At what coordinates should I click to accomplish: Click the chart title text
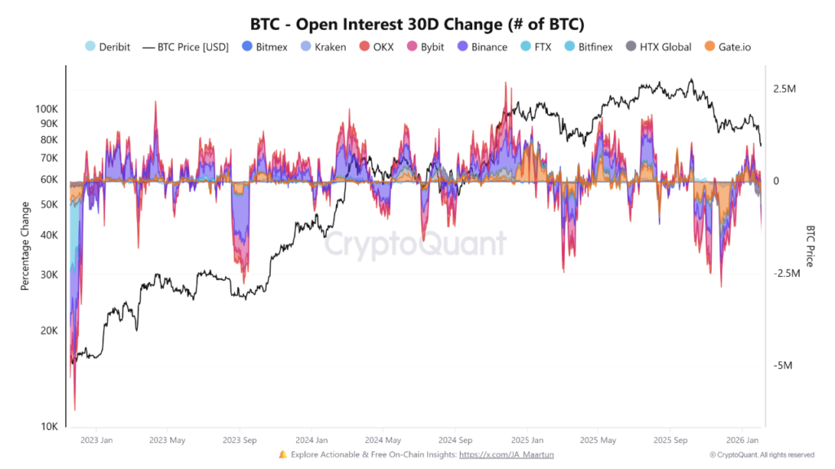(417, 24)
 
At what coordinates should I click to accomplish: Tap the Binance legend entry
(488, 46)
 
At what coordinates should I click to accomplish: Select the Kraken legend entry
(330, 46)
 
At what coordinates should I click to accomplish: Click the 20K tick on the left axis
(50, 331)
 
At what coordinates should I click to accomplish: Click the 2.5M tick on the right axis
(785, 89)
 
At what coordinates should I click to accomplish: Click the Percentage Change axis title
(25, 247)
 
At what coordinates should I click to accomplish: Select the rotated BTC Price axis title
(810, 247)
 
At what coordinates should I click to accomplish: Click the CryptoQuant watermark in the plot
(416, 243)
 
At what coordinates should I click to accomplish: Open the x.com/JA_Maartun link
(506, 454)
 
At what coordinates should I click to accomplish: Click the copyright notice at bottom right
(762, 454)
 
